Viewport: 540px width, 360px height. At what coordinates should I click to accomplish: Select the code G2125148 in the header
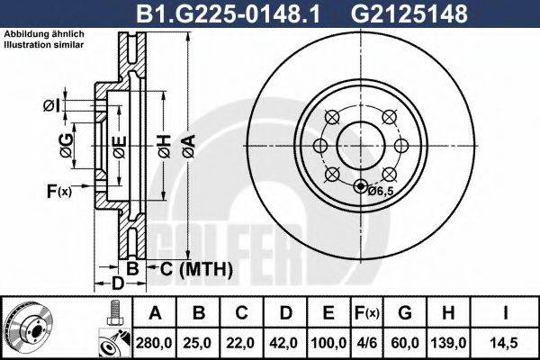coord(393,13)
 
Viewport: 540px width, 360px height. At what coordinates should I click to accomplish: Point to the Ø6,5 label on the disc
coord(382,191)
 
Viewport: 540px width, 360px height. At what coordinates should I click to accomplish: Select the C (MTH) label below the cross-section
coord(197,268)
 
